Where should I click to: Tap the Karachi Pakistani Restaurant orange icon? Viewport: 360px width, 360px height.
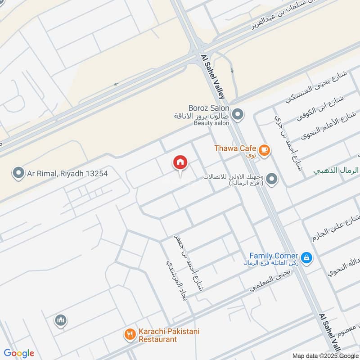pyautogui.click(x=130, y=334)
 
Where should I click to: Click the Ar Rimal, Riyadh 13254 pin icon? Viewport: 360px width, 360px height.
pyautogui.click(x=18, y=173)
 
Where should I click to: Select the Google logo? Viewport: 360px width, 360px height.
pyautogui.click(x=19, y=353)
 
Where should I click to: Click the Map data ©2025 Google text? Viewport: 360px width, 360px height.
pyautogui.click(x=325, y=355)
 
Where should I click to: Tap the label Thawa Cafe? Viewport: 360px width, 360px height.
pyautogui.click(x=235, y=148)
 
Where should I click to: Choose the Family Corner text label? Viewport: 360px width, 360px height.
pyautogui.click(x=274, y=256)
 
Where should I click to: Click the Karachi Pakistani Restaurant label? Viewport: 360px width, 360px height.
pyautogui.click(x=168, y=335)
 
